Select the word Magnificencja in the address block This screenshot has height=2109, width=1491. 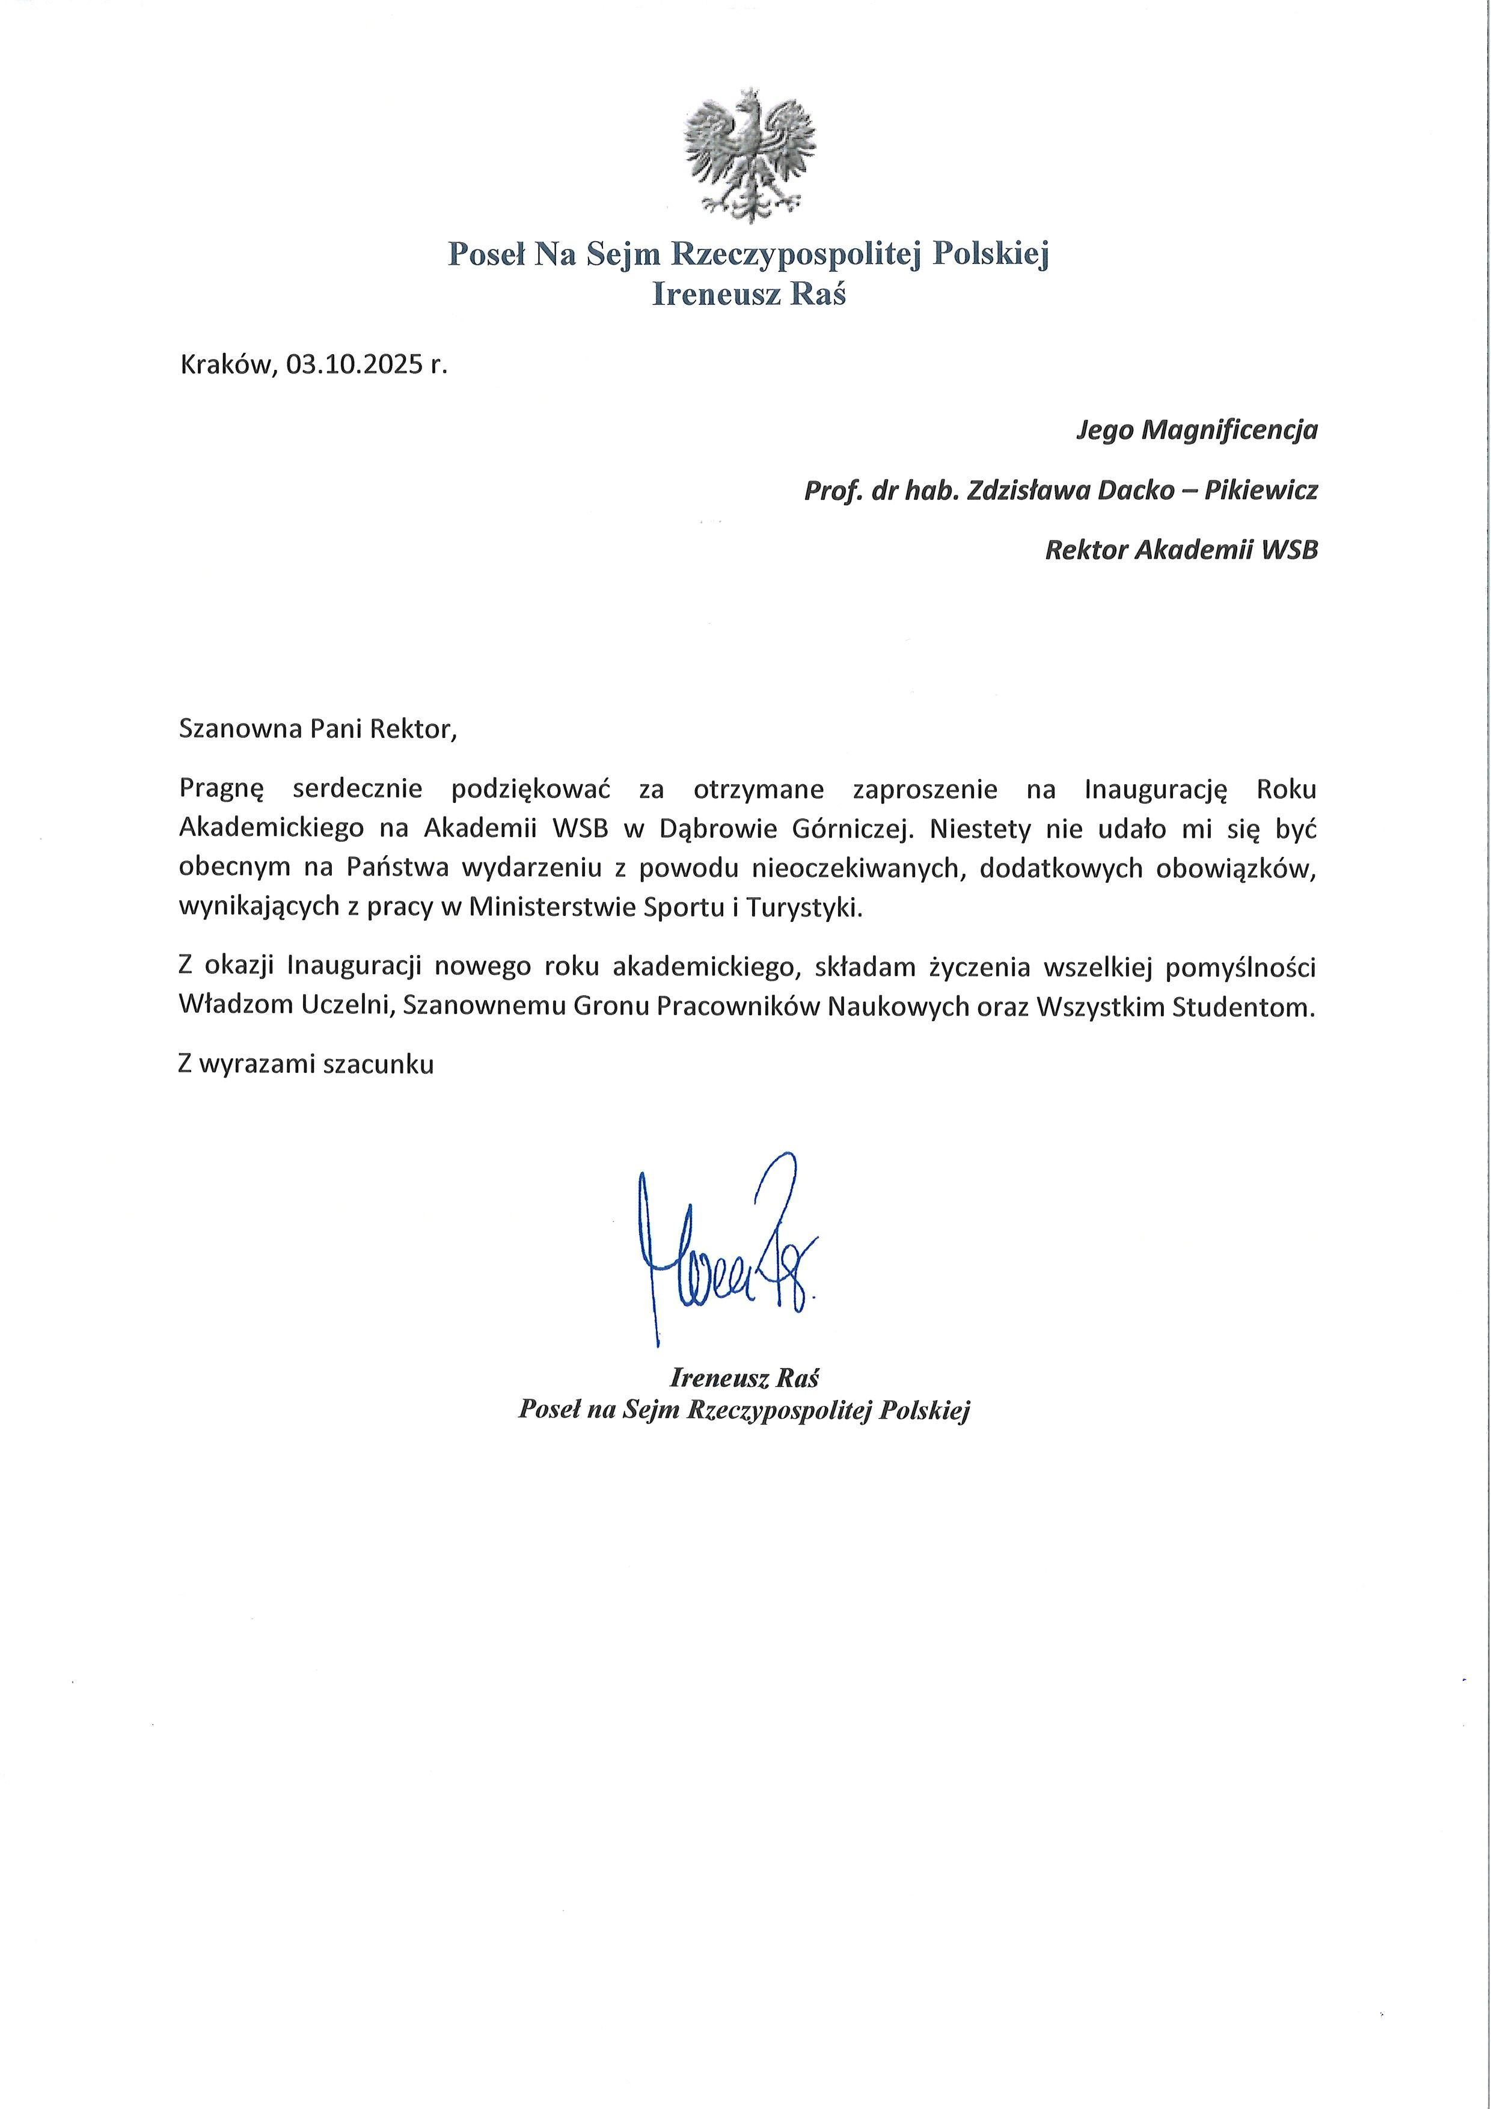[x=1228, y=430]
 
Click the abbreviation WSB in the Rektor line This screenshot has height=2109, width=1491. [x=1290, y=550]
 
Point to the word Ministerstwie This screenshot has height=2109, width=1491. [x=570, y=907]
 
